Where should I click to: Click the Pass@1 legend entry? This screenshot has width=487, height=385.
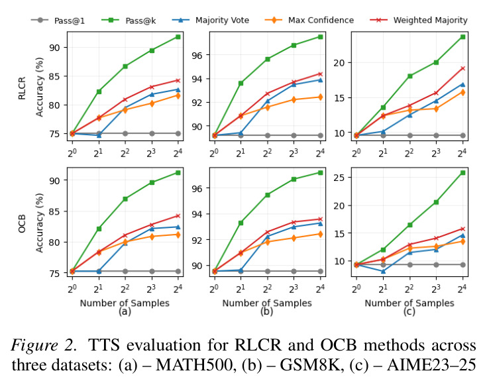tap(58, 21)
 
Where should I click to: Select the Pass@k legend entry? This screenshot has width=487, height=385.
tap(129, 21)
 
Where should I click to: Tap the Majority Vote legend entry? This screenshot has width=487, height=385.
tap(211, 20)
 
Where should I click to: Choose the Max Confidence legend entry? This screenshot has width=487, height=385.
tap(309, 20)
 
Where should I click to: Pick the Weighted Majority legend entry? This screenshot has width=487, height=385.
tap(419, 20)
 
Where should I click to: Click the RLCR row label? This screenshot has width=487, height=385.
tap(22, 88)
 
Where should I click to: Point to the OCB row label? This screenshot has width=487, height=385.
tap(22, 224)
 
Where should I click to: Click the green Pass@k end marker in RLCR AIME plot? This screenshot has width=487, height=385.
tap(462, 36)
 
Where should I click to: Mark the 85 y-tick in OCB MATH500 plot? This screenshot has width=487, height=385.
tap(54, 211)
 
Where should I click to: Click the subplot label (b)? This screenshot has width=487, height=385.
tap(267, 311)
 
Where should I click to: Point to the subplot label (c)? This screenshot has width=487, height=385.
tap(409, 311)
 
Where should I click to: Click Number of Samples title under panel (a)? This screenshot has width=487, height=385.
tap(125, 303)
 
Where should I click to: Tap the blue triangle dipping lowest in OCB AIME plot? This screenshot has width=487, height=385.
tap(383, 271)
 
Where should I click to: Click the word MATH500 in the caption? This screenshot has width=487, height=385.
tap(194, 364)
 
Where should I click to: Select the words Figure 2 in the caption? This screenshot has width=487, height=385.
tap(43, 345)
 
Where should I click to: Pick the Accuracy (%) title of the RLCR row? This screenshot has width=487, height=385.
tap(40, 87)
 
